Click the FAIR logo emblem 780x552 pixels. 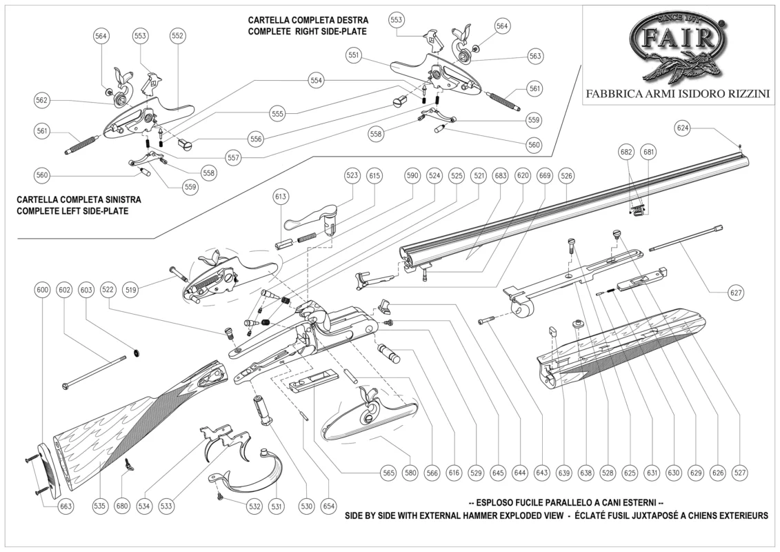[677, 47]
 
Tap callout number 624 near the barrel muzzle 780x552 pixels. [683, 128]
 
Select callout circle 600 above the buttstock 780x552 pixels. [43, 290]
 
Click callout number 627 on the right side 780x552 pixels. [737, 293]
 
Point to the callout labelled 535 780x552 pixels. [100, 506]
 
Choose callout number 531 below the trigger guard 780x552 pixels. [277, 506]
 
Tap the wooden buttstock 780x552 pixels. [124, 428]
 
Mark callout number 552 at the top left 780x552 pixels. [178, 35]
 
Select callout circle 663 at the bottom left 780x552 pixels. [66, 506]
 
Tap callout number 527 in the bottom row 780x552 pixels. [739, 473]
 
